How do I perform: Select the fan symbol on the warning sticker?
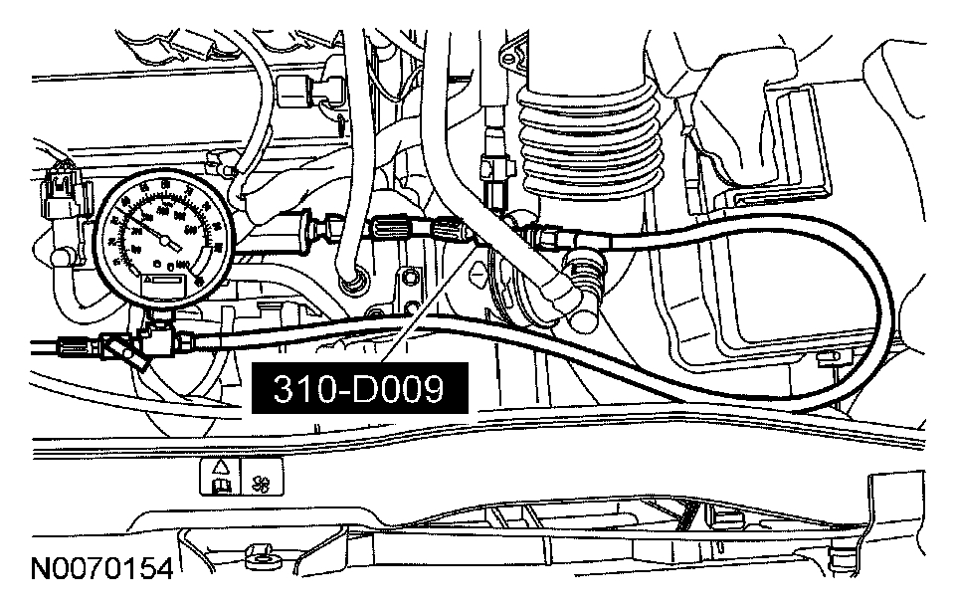point(263,481)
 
